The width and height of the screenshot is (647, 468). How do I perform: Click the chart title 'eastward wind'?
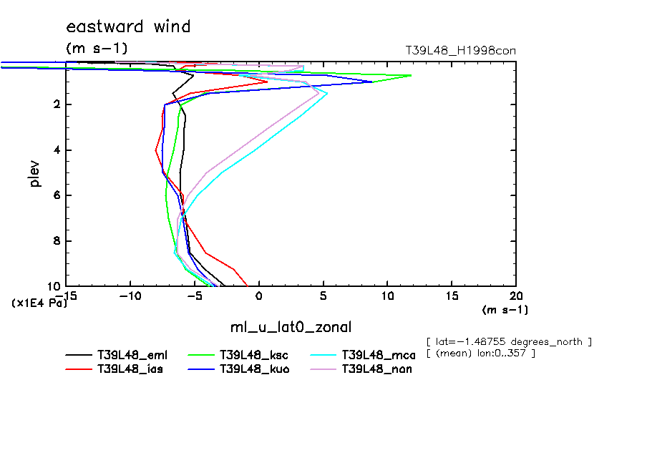pos(128,27)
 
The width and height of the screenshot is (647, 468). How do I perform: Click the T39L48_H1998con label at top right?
pos(460,51)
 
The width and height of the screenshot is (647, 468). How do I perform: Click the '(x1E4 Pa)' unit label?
pos(39,303)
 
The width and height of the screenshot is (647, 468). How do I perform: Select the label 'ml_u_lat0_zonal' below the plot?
pos(291,328)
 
